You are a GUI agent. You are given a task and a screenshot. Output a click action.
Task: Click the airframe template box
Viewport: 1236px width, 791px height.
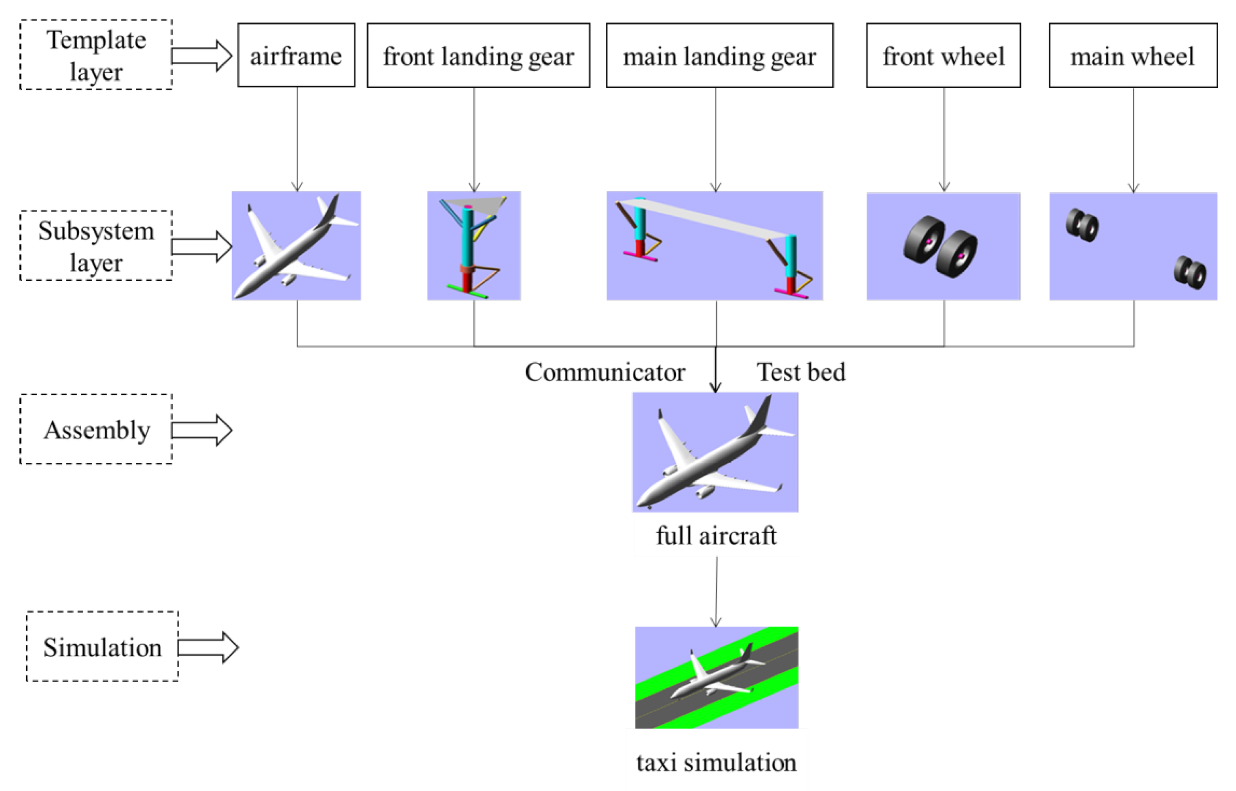coord(296,55)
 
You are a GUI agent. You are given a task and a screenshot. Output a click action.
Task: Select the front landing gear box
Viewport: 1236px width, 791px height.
coord(478,55)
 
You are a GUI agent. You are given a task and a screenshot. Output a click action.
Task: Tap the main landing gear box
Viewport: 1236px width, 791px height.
coord(719,55)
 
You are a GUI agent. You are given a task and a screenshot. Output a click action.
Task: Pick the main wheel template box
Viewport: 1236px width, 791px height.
coord(1133,55)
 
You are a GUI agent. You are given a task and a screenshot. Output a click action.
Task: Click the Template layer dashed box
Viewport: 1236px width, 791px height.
coord(96,55)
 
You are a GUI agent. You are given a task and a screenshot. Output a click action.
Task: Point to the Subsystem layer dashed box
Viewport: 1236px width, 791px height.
coord(96,246)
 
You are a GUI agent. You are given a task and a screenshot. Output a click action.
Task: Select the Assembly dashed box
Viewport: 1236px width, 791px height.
coord(96,430)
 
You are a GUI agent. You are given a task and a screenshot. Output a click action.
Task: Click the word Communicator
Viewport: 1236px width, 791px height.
coord(604,372)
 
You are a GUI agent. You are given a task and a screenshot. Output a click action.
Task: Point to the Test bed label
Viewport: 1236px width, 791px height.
coord(801,372)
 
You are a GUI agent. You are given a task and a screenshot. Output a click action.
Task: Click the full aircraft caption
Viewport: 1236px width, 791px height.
coord(716,536)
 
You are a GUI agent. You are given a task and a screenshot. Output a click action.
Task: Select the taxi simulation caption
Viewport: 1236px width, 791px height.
coord(716,762)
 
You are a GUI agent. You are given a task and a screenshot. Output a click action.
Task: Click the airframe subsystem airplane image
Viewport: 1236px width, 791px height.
coord(296,246)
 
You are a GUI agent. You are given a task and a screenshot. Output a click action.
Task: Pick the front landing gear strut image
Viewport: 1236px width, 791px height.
coord(473,246)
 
